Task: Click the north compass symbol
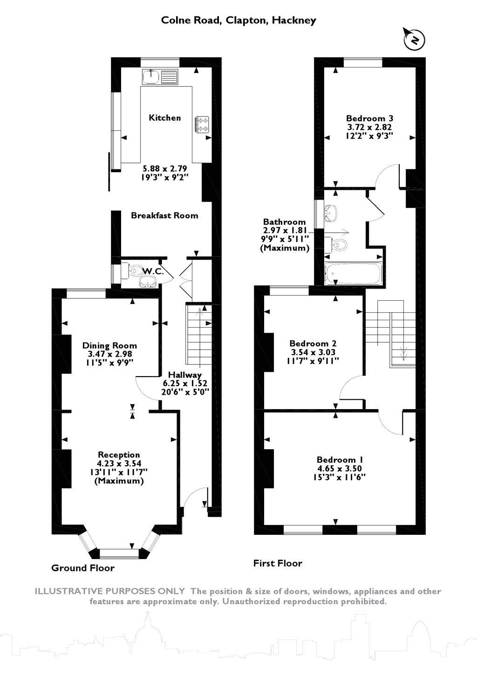(x=415, y=39)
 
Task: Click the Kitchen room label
(x=165, y=118)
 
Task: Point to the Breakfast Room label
(x=164, y=216)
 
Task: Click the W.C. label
(x=153, y=271)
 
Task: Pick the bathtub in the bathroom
(x=353, y=273)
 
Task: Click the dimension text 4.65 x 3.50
(x=340, y=468)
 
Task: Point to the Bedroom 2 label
(x=313, y=344)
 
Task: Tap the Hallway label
(x=184, y=375)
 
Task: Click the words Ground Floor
(x=83, y=568)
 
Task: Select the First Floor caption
(x=278, y=563)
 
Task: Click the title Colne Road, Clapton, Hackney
(x=238, y=20)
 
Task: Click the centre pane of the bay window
(x=120, y=553)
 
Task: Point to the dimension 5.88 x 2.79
(x=164, y=168)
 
